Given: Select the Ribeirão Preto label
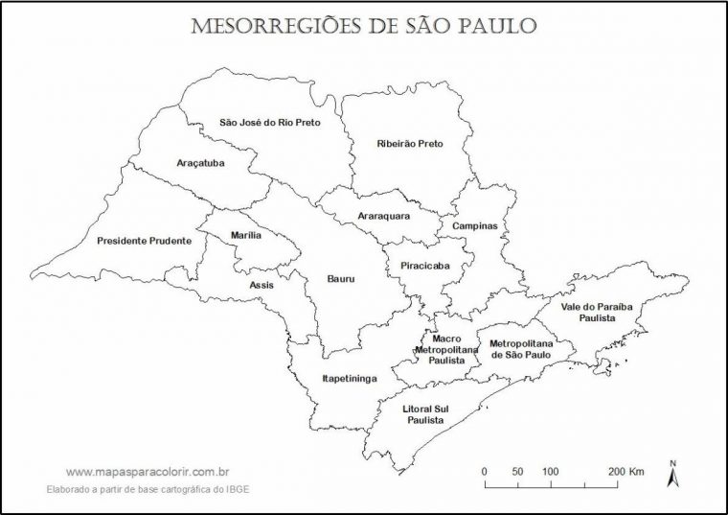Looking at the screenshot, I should coord(410,143).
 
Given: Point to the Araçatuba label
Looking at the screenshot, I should coord(200,163).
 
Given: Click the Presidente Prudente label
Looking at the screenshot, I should coord(144,241).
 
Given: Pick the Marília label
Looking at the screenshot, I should coord(246,235).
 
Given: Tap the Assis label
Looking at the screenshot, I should coord(261,285).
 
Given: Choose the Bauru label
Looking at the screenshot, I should coord(340,279).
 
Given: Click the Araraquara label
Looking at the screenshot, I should coord(383,216).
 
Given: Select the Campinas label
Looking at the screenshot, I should coord(475,226).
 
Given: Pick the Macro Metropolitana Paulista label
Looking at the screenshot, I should coord(446,349).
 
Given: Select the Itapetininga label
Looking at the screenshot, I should coord(349,379).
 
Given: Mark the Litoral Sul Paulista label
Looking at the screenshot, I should coord(427,414).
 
